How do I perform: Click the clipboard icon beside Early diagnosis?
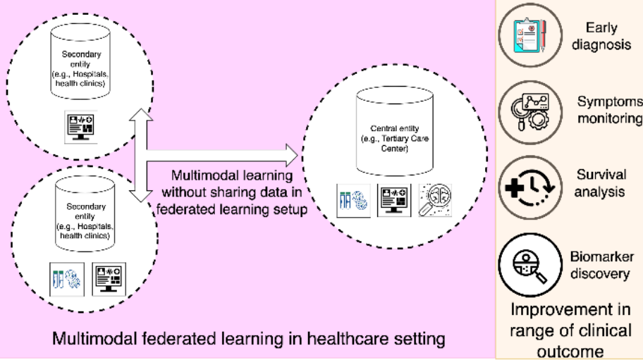click(528, 35)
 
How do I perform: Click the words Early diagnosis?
click(601, 35)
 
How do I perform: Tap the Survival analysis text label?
click(601, 182)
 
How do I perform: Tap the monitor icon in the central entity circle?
click(393, 199)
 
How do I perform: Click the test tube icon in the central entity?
click(352, 199)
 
